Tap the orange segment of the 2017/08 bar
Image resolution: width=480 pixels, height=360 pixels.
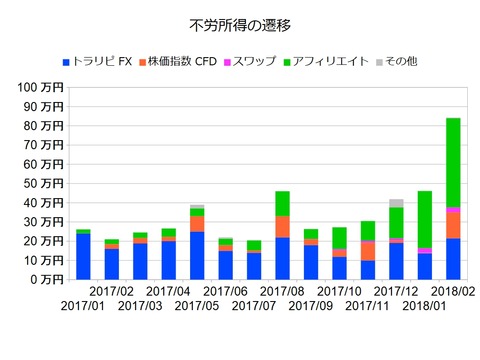(x=282, y=227)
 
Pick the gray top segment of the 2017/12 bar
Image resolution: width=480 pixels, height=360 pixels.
(x=396, y=203)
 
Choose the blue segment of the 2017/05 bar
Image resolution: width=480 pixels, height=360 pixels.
(x=197, y=255)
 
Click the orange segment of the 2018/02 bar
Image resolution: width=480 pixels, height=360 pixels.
(x=453, y=225)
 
